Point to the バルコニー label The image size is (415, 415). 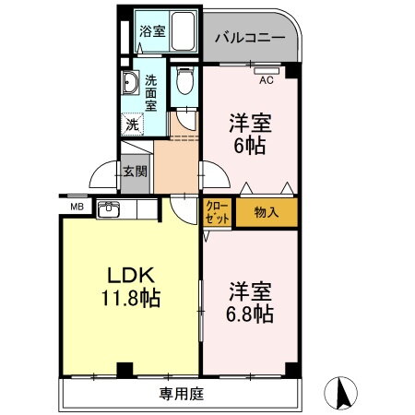(x=249, y=39)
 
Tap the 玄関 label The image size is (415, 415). (x=134, y=172)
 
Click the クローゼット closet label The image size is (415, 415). (x=218, y=213)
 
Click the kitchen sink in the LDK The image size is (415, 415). (x=110, y=208)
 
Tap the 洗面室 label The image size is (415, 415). (x=150, y=93)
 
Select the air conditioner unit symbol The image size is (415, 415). (x=267, y=70)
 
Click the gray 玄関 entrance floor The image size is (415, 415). (x=134, y=177)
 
